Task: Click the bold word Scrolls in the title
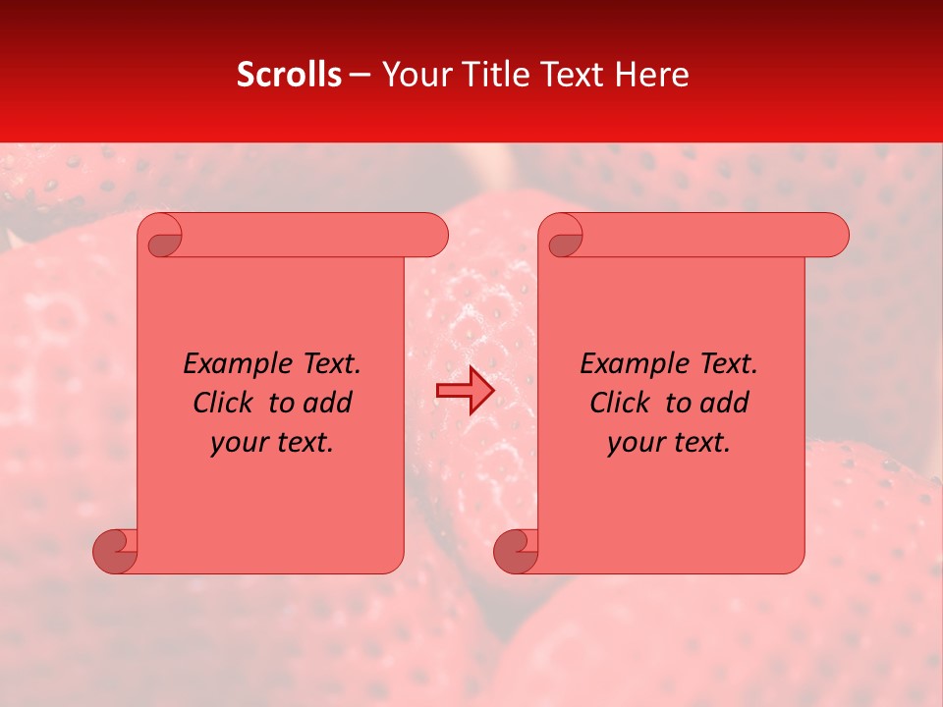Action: tap(290, 75)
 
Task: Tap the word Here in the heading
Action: tap(652, 75)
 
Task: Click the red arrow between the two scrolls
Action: tap(465, 391)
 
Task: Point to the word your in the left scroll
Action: tap(237, 442)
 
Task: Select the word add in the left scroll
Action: tap(327, 403)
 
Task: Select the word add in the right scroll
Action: tap(725, 403)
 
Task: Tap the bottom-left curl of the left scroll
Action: tap(115, 551)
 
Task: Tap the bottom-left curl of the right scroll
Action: tap(515, 551)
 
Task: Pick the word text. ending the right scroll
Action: tap(700, 442)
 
